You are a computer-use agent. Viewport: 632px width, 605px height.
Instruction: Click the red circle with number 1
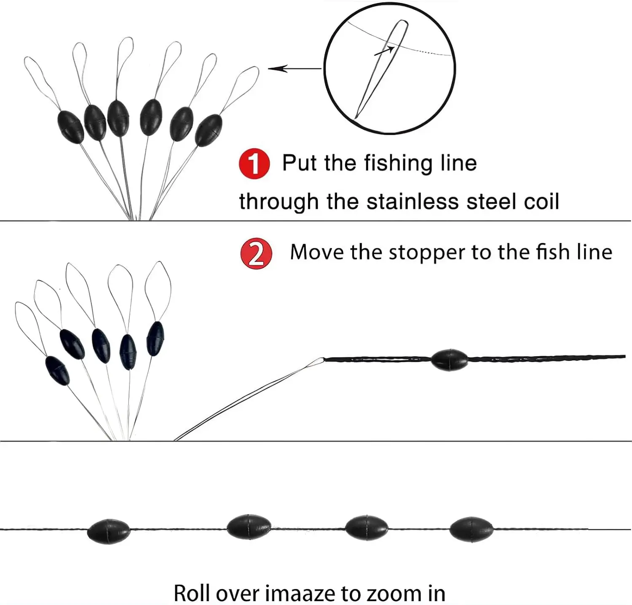pos(254,163)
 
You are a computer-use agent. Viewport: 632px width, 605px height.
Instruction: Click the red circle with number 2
pos(256,253)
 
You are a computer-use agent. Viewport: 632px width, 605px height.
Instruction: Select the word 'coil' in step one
pos(541,201)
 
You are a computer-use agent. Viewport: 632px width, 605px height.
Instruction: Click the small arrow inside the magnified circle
pos(384,51)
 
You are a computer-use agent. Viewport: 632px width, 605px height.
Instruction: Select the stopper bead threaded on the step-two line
pos(449,360)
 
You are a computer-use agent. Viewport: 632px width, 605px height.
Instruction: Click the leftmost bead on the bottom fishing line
pos(109,531)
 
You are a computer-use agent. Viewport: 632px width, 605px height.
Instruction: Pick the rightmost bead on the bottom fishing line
pos(471,529)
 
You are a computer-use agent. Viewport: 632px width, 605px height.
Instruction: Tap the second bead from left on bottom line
pos(249,527)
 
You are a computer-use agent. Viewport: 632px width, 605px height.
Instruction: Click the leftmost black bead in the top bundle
pos(70,127)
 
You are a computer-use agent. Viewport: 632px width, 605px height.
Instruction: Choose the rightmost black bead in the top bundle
pos(209,130)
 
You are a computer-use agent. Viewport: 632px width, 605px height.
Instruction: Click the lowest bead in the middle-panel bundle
pos(57,370)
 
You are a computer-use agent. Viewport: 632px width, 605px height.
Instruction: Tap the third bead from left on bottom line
pos(366,528)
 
